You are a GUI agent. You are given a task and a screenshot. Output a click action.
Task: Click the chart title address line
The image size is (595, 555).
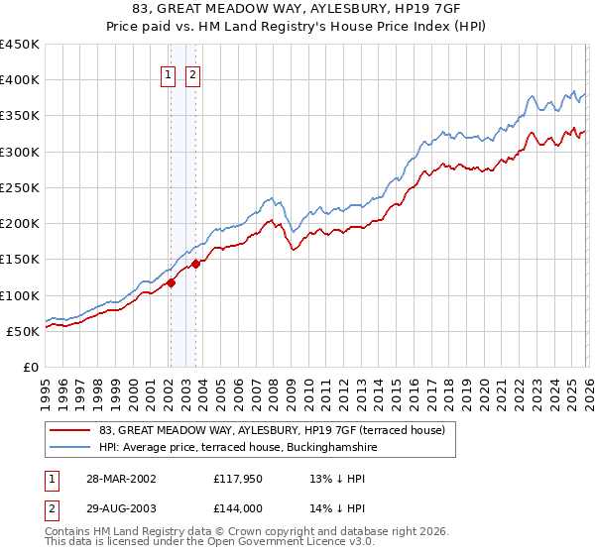pyautogui.click(x=297, y=9)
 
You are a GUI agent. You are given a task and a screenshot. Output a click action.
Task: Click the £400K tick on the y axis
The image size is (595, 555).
pyautogui.click(x=20, y=80)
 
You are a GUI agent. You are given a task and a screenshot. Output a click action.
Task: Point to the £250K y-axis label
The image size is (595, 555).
pyautogui.click(x=20, y=187)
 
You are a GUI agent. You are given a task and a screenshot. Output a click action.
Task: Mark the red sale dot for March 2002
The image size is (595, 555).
pyautogui.click(x=172, y=282)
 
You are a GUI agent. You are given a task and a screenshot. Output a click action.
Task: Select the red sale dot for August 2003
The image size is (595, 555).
pyautogui.click(x=196, y=264)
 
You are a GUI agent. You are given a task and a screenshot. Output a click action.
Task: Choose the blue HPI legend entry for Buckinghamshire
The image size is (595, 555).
pyautogui.click(x=238, y=448)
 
